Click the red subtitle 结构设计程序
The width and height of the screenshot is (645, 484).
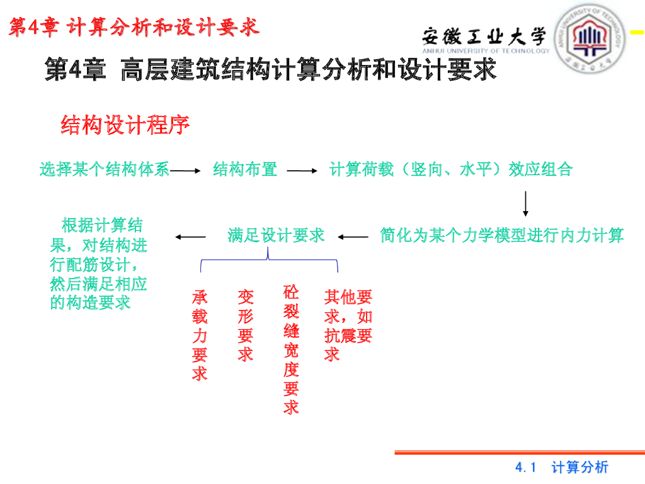(125, 125)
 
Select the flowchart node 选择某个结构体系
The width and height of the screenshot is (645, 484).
(105, 169)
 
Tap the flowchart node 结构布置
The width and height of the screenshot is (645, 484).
(245, 169)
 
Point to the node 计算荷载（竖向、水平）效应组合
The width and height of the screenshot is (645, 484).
(451, 169)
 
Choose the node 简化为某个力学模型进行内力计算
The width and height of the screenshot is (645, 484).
(501, 236)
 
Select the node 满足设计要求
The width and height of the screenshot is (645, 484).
(276, 236)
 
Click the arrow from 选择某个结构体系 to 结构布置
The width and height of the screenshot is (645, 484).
(185, 170)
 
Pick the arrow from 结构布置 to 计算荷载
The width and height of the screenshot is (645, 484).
(303, 170)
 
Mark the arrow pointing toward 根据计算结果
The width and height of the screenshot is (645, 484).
(191, 237)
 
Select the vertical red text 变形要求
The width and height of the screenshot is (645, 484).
(245, 325)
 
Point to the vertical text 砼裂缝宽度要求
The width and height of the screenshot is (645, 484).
(291, 350)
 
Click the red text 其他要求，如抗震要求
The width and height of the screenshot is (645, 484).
(348, 325)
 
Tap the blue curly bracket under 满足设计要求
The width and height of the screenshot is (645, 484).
(269, 259)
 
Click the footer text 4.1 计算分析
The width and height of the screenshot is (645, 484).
(562, 467)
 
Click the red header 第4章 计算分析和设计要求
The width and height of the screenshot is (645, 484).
(134, 26)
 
